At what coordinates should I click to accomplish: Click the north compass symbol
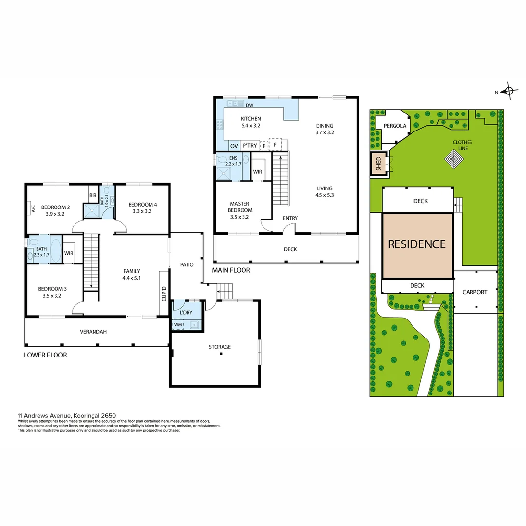tap(509, 91)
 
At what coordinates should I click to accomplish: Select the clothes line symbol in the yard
tap(455, 159)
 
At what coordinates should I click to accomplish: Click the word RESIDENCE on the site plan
tap(416, 244)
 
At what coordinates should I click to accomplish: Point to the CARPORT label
tap(474, 292)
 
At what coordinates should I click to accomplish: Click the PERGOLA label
tap(394, 126)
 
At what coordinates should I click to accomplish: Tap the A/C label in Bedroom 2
tap(33, 209)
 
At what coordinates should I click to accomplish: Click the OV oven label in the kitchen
tap(234, 146)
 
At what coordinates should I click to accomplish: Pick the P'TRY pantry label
tap(249, 146)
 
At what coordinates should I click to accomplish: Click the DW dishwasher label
tap(249, 105)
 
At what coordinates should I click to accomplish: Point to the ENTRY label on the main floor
tap(290, 218)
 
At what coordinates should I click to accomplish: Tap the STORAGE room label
tap(220, 347)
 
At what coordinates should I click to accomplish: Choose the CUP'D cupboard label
tap(164, 293)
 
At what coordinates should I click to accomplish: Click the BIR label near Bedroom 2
tap(93, 196)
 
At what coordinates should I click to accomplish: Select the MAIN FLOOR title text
tap(231, 270)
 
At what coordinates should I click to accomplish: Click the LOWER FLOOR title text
tap(45, 355)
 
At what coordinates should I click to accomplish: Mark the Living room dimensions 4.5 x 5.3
tap(324, 195)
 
